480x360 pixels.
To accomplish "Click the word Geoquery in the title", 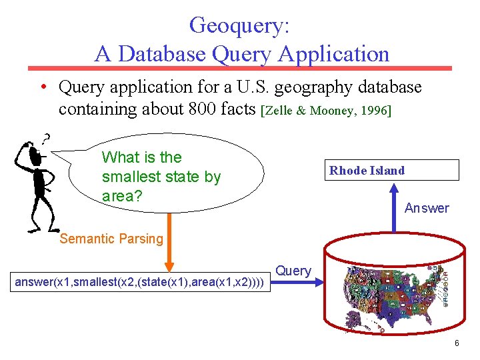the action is point(239,25).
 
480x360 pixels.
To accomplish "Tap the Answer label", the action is point(427,209).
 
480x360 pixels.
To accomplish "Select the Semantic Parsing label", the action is point(111,239).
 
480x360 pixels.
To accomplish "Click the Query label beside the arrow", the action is point(293,271).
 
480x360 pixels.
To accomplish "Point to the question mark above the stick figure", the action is point(45,139).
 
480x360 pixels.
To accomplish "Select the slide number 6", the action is point(456,343).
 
